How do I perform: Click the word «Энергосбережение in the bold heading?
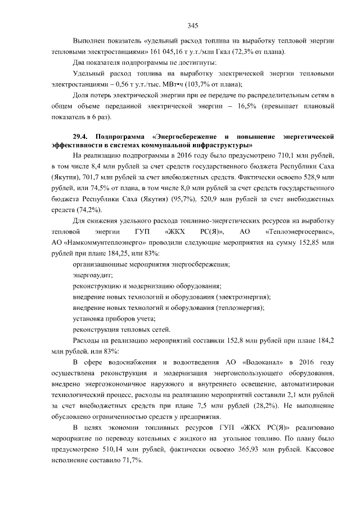click(186, 137)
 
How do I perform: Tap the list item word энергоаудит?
click(93, 275)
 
